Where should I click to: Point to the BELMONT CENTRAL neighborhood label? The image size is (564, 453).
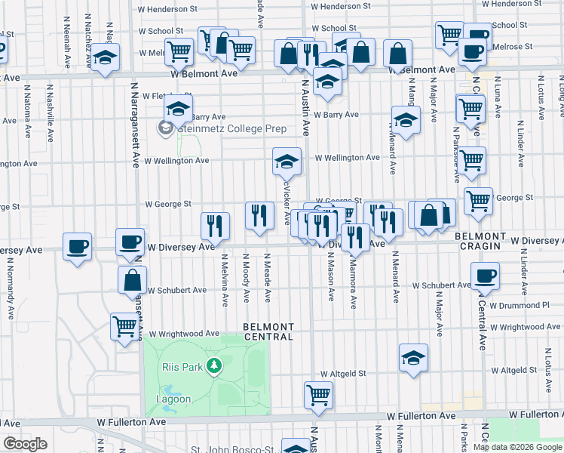coord(267,331)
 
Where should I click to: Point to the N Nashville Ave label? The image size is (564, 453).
coord(50,117)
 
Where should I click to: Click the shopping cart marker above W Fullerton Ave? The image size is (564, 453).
coord(319,393)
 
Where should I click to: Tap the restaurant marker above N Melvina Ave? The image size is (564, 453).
coord(215,224)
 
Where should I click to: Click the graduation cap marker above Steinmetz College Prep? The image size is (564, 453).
coord(178,108)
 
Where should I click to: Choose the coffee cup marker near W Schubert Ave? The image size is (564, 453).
coord(484,276)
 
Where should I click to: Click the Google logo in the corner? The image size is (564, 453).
coord(25,444)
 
